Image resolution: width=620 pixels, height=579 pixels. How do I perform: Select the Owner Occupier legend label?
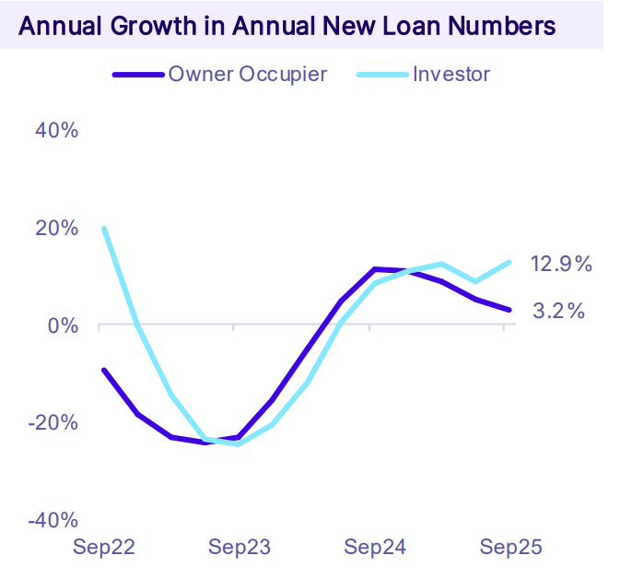pyautogui.click(x=247, y=74)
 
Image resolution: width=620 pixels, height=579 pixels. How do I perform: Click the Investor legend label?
pyautogui.click(x=451, y=74)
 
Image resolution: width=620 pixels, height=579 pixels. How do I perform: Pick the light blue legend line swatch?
pyautogui.click(x=380, y=75)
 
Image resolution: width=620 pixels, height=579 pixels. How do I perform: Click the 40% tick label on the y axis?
pyautogui.click(x=56, y=130)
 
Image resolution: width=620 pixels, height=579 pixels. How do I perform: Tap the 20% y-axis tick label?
pyautogui.click(x=56, y=228)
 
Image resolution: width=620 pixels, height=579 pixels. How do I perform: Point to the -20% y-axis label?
pyautogui.click(x=53, y=423)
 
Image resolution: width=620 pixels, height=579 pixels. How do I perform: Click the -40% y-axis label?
pyautogui.click(x=53, y=521)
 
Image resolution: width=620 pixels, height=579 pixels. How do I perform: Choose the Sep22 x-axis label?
pyautogui.click(x=104, y=548)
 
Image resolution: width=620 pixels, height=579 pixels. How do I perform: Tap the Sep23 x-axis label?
pyautogui.click(x=240, y=548)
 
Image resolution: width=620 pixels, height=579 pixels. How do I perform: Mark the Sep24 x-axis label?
pyautogui.click(x=375, y=548)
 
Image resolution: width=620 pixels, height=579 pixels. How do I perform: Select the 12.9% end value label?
pyautogui.click(x=561, y=265)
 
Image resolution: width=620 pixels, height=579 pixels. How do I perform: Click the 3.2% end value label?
pyautogui.click(x=559, y=312)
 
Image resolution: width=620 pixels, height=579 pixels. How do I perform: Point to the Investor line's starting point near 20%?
pyautogui.click(x=104, y=229)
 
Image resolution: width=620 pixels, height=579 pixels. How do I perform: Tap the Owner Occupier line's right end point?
pyautogui.click(x=509, y=310)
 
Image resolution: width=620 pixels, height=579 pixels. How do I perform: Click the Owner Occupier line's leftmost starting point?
pyautogui.click(x=104, y=371)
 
